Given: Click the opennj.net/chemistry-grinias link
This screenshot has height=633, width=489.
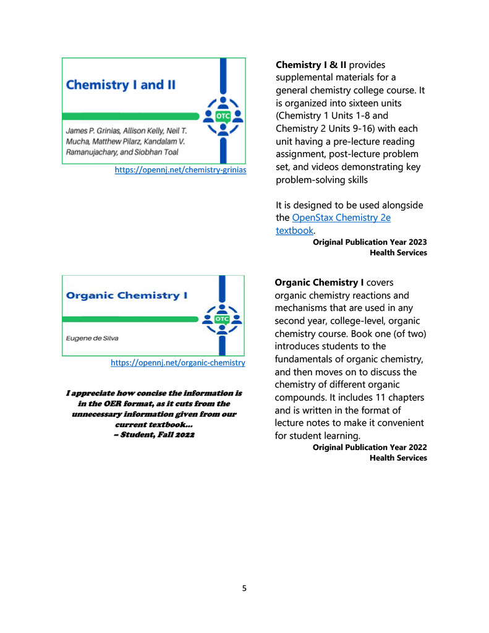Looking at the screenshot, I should (181, 169).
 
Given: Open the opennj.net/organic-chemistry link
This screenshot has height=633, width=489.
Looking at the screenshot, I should (178, 363).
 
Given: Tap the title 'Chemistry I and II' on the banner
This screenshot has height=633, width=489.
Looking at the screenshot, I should (121, 85).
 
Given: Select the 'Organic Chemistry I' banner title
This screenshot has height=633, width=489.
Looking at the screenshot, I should (127, 295).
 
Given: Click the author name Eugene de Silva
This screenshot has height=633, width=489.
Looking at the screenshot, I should (93, 339).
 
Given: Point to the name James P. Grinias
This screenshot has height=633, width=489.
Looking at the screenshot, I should (90, 131).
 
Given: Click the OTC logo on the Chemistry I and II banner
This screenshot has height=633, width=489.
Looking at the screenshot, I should (221, 115).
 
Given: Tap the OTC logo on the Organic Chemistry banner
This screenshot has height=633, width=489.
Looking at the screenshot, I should (221, 318).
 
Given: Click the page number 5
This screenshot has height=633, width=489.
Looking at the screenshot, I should (244, 588).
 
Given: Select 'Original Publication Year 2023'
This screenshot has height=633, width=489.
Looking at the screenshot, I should (370, 242).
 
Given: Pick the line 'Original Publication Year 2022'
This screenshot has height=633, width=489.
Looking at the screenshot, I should (370, 447).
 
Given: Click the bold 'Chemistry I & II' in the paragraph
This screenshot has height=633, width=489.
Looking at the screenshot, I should (311, 65).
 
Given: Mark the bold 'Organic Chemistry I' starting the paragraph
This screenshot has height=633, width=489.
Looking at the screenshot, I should (319, 283).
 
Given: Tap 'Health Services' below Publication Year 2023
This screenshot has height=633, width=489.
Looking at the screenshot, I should (398, 253).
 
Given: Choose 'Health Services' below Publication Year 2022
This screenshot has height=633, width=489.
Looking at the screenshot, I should (398, 457).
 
